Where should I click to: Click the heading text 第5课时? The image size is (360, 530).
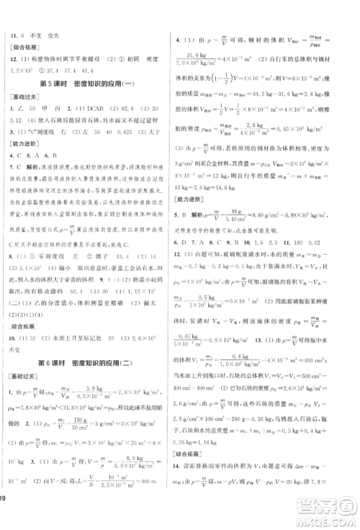point(52,86)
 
